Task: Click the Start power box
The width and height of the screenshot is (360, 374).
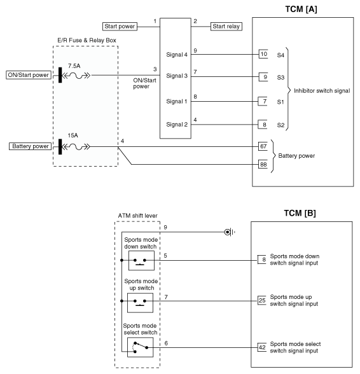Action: tap(120, 27)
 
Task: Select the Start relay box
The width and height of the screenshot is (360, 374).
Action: tap(226, 27)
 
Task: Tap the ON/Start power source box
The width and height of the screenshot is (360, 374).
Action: tap(29, 75)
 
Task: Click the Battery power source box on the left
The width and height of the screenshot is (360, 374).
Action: tap(31, 146)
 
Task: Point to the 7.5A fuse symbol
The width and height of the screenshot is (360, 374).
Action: tap(76, 76)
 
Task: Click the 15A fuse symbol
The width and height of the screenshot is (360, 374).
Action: tap(76, 147)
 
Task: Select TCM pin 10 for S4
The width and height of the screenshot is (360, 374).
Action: tap(263, 54)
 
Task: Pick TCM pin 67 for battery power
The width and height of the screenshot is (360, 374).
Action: tap(263, 146)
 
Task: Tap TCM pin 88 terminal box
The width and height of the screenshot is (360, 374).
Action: tap(263, 164)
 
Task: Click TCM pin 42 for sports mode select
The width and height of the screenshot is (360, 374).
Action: tap(262, 347)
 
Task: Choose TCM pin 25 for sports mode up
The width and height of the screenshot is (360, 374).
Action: tap(262, 300)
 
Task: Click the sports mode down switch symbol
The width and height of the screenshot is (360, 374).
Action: tap(141, 261)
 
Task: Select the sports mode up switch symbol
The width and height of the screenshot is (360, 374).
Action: tap(141, 303)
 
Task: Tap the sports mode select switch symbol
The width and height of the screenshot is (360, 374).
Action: tap(141, 347)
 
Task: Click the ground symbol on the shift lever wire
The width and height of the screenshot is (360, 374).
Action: tap(230, 232)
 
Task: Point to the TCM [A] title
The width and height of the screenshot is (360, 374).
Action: tap(301, 10)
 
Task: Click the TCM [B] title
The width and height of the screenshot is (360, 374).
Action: tap(300, 213)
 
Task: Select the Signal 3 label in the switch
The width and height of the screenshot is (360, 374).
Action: tap(177, 76)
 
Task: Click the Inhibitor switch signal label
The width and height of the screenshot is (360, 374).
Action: tap(322, 91)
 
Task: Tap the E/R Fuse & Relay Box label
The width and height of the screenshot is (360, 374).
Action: tap(87, 40)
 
